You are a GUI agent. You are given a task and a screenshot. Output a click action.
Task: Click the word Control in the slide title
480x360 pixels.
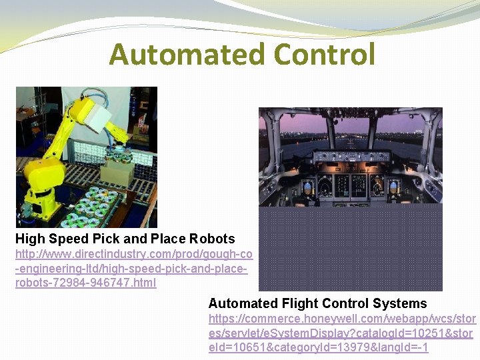click(x=319, y=54)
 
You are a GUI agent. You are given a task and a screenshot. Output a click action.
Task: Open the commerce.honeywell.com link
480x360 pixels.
click(x=341, y=333)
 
